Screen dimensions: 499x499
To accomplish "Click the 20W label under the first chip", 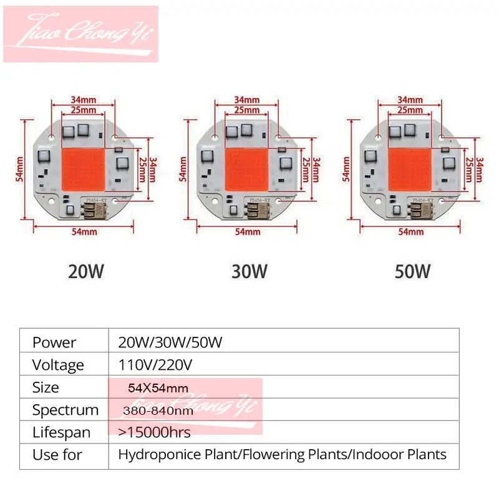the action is coord(86,272).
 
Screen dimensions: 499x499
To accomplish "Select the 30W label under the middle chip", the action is coord(249,272).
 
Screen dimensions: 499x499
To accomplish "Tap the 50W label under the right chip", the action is coord(413,272).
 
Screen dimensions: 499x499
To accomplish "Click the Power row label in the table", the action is coord(54,342).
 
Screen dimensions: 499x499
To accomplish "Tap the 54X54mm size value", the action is coord(158,387).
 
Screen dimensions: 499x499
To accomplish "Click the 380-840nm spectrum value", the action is coord(158,410).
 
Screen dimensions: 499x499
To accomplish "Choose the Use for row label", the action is coord(57,455).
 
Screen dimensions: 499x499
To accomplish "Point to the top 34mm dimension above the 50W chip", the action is coord(410,99).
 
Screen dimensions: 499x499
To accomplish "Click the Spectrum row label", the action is coord(65,410).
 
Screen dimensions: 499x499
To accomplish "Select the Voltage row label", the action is coord(58,365).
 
